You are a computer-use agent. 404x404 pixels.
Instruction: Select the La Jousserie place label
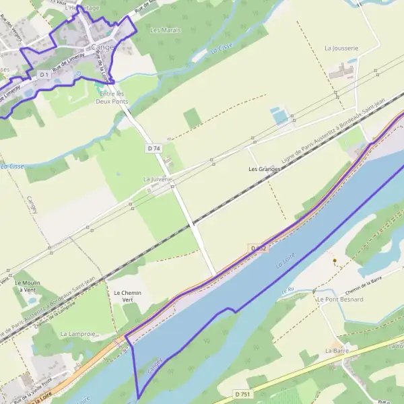[341, 48]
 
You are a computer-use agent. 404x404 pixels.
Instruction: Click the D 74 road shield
[154, 148]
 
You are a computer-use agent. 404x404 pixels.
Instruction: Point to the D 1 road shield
[44, 74]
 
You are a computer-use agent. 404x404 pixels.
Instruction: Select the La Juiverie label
[158, 180]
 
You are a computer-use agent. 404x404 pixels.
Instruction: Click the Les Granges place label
[264, 168]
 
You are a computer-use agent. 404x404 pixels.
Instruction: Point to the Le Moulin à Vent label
[28, 286]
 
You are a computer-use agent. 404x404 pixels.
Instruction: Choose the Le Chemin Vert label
[127, 296]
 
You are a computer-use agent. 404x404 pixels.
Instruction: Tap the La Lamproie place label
[78, 333]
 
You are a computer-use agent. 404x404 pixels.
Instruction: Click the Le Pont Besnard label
[340, 299]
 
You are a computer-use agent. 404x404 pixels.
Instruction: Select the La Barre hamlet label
[335, 351]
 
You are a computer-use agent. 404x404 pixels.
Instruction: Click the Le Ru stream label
[290, 289]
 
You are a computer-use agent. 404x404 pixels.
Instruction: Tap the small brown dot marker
[335, 260]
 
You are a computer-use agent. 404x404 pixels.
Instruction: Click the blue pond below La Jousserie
[279, 116]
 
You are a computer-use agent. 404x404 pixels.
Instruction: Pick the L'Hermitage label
[82, 7]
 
